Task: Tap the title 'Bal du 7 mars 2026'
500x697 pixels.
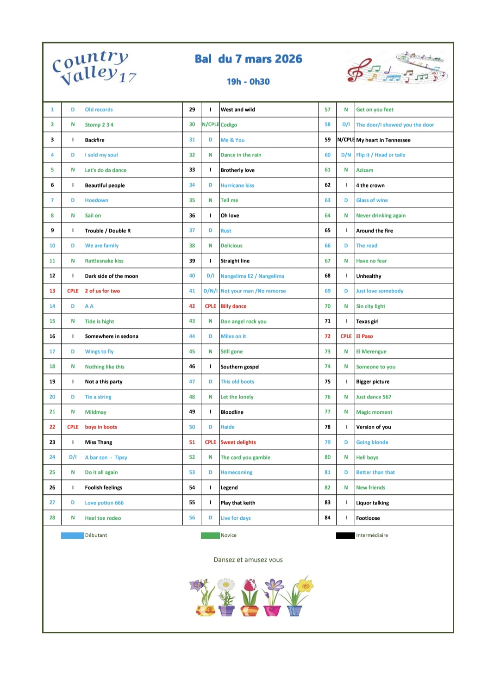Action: tap(248, 59)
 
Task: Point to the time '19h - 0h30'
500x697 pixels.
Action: tap(248, 82)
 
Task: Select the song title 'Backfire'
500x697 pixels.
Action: tap(95, 140)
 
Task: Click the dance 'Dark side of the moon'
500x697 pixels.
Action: tap(112, 276)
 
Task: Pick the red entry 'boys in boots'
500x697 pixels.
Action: tap(101, 427)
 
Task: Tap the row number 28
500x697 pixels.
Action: tap(52, 518)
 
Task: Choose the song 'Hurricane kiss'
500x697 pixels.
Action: tap(237, 185)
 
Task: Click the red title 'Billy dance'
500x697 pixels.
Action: tap(233, 306)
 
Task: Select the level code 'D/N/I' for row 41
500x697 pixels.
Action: tap(211, 291)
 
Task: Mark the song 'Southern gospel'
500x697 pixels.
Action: tap(240, 367)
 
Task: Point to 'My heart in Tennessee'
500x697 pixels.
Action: tap(383, 140)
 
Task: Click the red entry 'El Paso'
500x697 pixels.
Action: tap(364, 336)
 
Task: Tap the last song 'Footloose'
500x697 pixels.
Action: tap(368, 518)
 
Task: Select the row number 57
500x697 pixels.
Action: tap(328, 110)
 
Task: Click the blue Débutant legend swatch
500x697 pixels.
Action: tap(73, 535)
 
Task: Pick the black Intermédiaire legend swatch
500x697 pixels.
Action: tap(345, 535)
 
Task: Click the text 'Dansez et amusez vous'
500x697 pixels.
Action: tap(248, 560)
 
